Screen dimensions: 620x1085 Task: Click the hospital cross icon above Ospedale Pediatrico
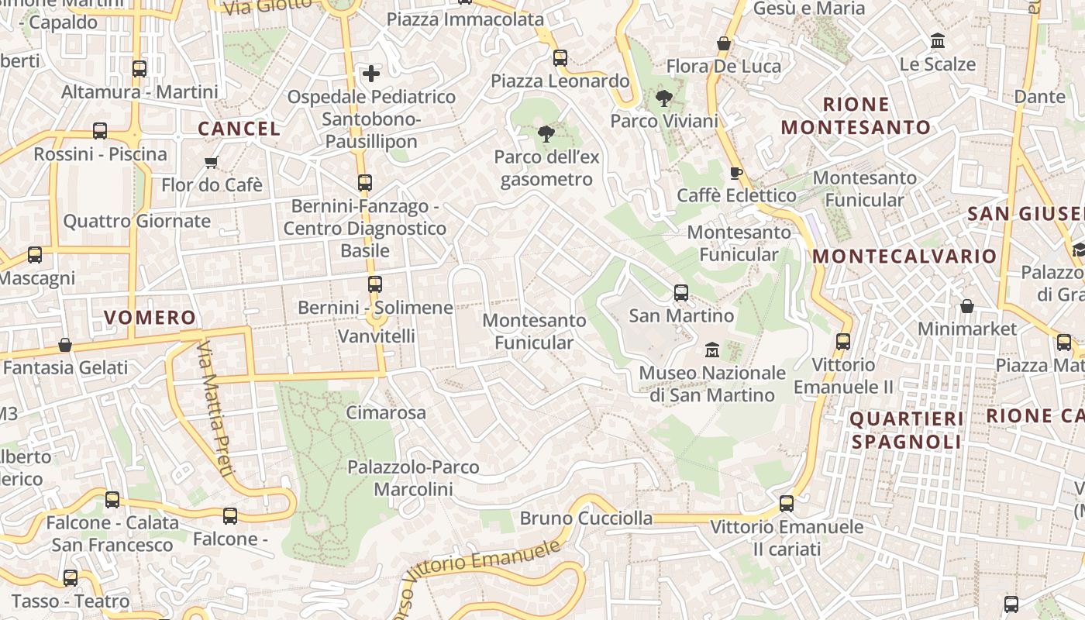pyautogui.click(x=371, y=74)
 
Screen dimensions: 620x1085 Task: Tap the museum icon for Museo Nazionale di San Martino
pyautogui.click(x=712, y=350)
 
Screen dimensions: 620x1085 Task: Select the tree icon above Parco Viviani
pyautogui.click(x=663, y=98)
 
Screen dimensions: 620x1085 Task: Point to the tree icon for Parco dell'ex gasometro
pyautogui.click(x=546, y=134)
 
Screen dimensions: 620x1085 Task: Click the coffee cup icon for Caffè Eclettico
pyautogui.click(x=735, y=173)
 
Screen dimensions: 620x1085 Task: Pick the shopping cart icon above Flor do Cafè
pyautogui.click(x=212, y=162)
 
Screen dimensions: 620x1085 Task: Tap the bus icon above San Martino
pyautogui.click(x=681, y=293)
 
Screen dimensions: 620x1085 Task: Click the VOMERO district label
pyautogui.click(x=150, y=318)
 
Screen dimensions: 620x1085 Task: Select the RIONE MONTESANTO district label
pyautogui.click(x=856, y=115)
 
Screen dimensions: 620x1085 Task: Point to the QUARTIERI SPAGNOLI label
pyautogui.click(x=907, y=430)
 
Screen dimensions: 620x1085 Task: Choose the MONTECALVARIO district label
pyautogui.click(x=904, y=256)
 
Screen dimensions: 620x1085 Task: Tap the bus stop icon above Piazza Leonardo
pyautogui.click(x=560, y=58)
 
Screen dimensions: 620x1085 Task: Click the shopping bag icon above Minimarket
pyautogui.click(x=966, y=306)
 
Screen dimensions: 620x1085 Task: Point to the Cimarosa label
pyautogui.click(x=385, y=412)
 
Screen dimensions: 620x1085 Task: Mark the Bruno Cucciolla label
pyautogui.click(x=586, y=518)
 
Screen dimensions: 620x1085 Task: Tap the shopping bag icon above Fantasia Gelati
pyautogui.click(x=65, y=345)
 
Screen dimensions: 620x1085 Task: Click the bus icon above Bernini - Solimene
pyautogui.click(x=375, y=284)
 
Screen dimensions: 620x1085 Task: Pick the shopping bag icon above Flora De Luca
pyautogui.click(x=724, y=44)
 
